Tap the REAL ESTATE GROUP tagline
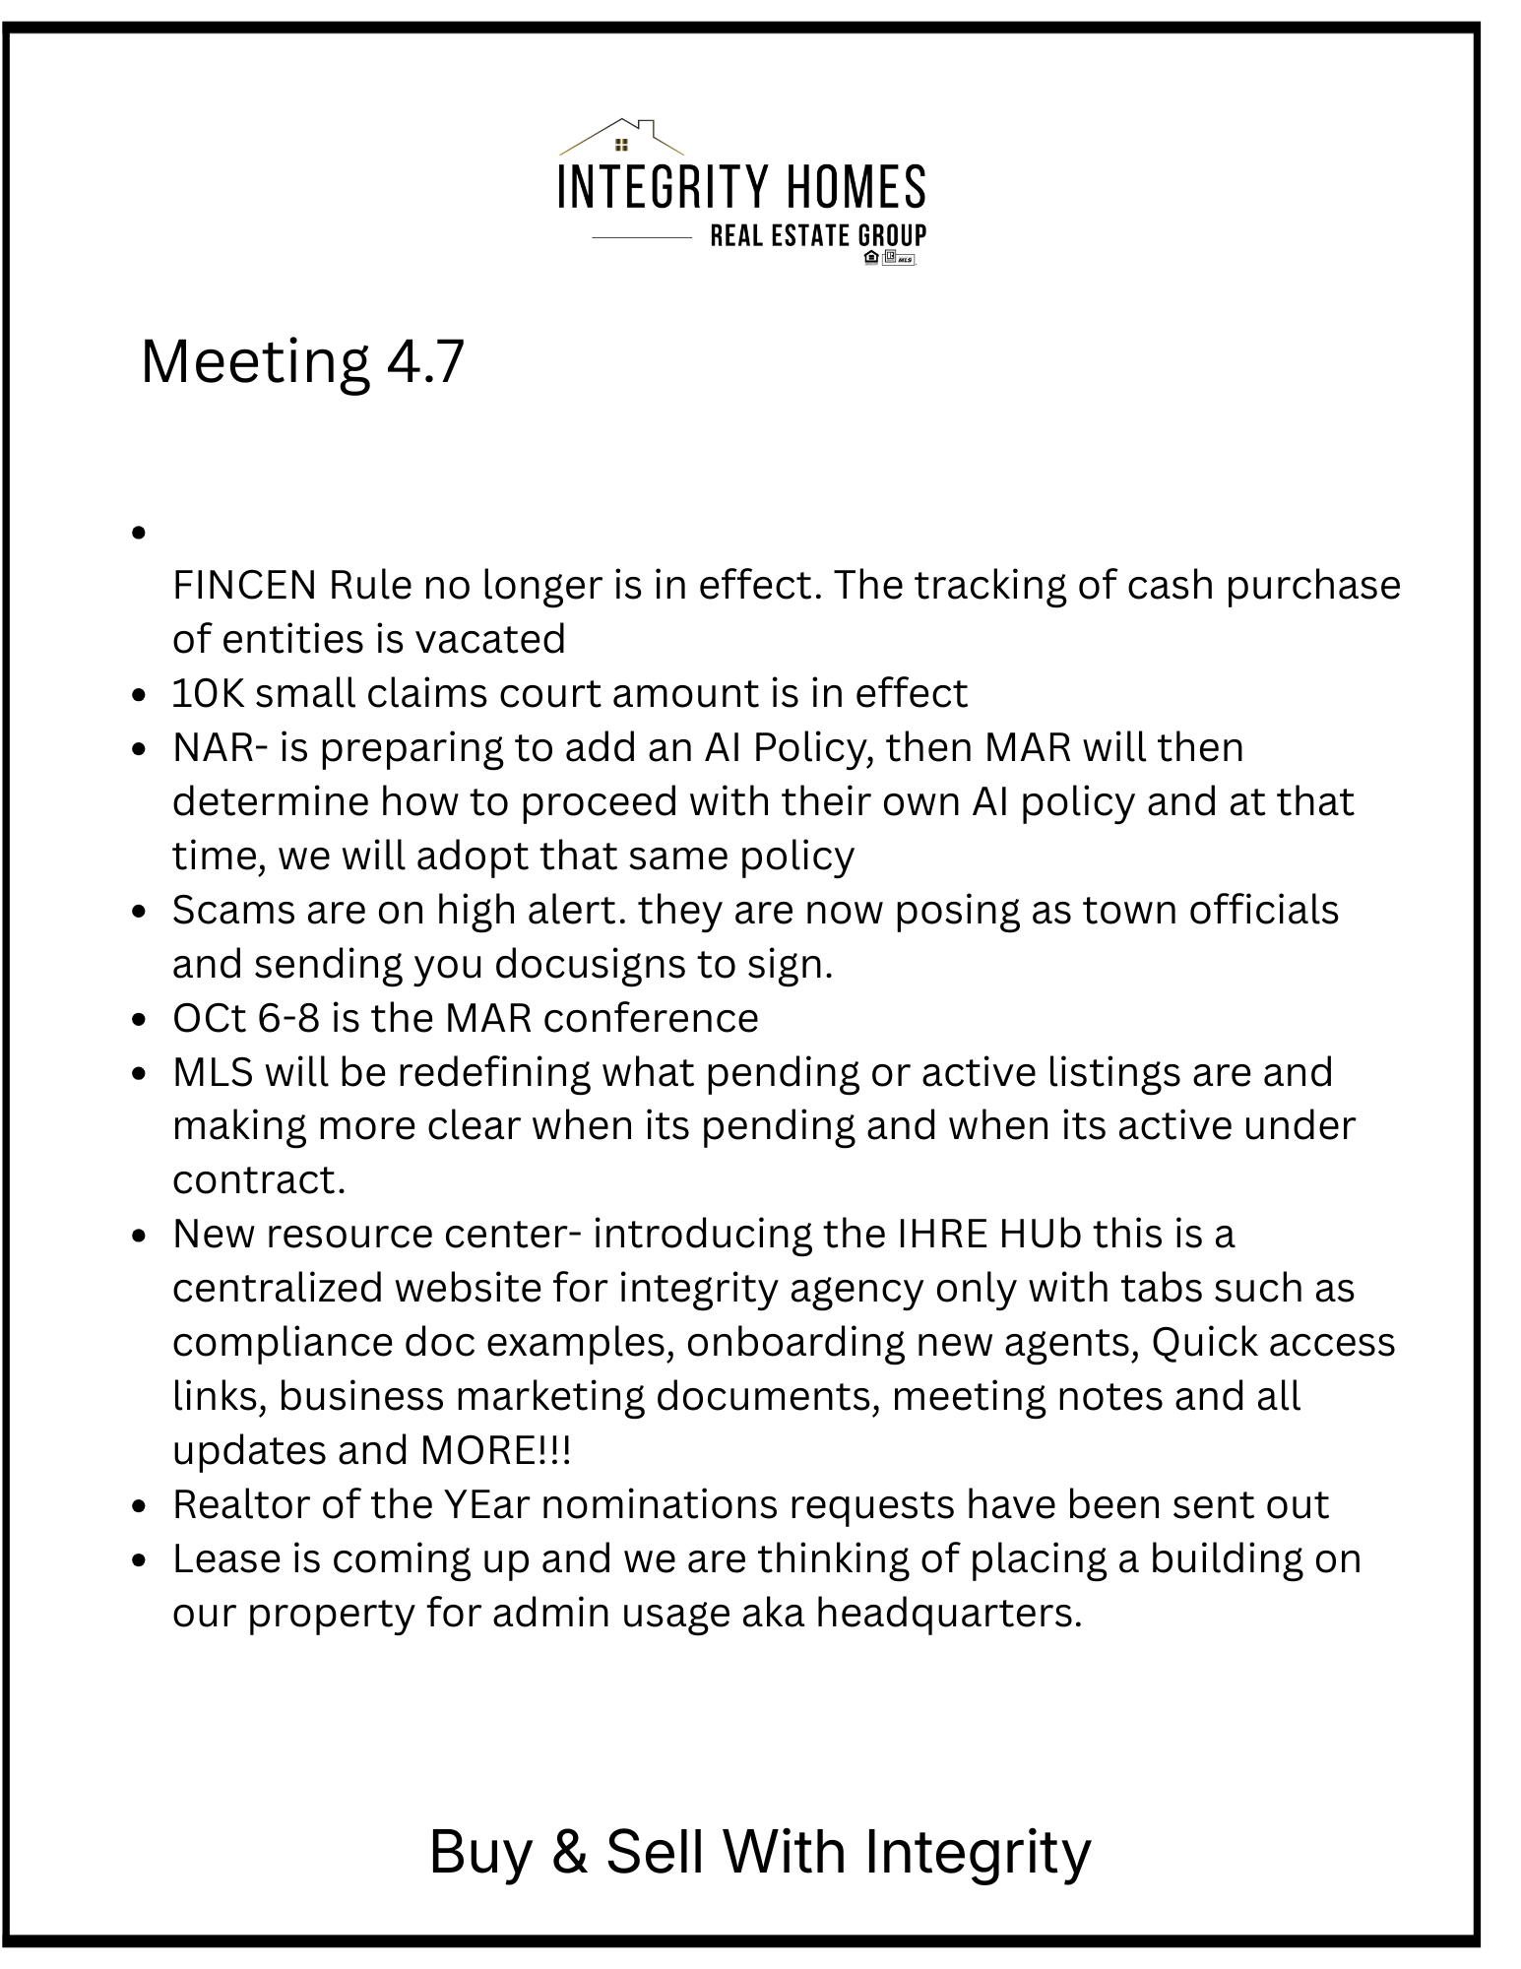[818, 236]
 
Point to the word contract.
[258, 1180]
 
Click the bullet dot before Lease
[140, 1561]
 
